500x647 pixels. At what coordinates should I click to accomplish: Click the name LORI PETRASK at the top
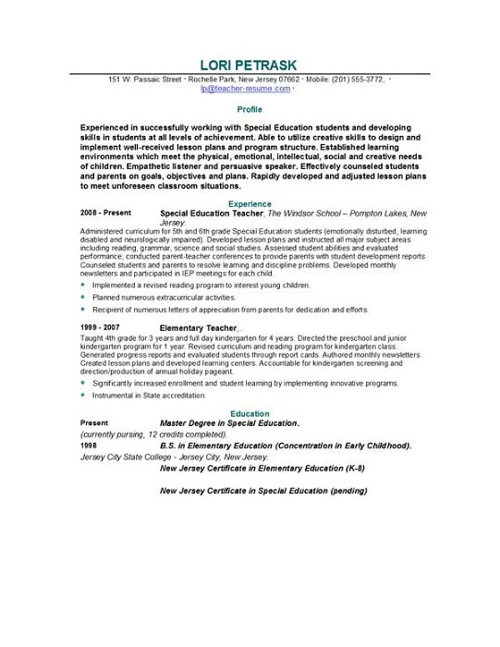click(x=250, y=65)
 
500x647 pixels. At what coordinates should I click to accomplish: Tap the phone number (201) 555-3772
click(x=360, y=79)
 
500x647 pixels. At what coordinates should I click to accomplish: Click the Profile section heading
click(x=250, y=109)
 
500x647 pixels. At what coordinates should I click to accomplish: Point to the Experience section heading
click(x=250, y=203)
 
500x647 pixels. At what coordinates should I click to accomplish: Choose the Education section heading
click(x=250, y=413)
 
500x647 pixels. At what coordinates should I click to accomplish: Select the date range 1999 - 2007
click(x=102, y=328)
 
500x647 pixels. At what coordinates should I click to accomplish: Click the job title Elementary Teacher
click(x=199, y=328)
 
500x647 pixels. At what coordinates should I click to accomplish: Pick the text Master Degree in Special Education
click(x=229, y=422)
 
